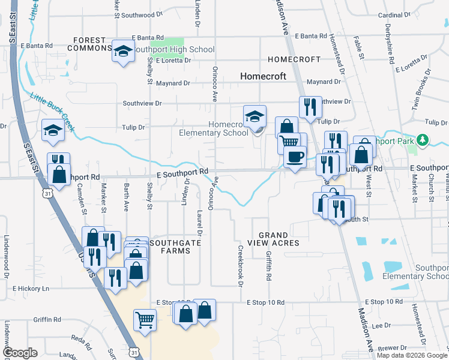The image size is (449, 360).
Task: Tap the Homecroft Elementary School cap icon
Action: click(255, 116)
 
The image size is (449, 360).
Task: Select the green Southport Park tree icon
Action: click(423, 140)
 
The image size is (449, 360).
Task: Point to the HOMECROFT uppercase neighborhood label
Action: click(294, 60)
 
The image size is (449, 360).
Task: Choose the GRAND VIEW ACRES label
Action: click(278, 239)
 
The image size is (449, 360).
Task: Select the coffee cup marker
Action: click(295, 157)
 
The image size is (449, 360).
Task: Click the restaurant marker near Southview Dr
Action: click(310, 107)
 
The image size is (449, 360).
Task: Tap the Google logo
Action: click(20, 352)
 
